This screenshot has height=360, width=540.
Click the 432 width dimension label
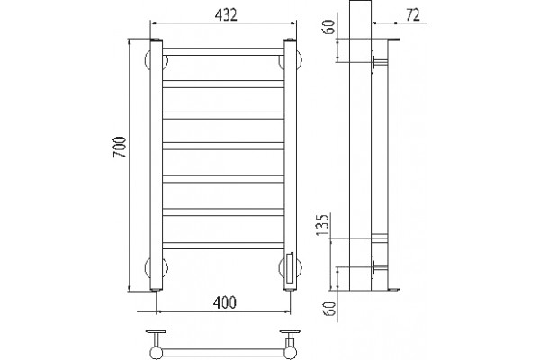[226, 15]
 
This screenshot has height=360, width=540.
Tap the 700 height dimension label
[120, 147]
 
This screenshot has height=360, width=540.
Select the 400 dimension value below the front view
[224, 302]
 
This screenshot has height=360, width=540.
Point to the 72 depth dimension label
[413, 15]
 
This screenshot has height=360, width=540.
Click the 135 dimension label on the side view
[323, 225]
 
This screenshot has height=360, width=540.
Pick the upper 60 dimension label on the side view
[329, 27]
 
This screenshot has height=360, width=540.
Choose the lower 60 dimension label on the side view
[329, 309]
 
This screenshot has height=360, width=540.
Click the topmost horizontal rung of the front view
[223, 51]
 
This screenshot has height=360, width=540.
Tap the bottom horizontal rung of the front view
[223, 246]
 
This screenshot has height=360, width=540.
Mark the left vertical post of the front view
[156, 165]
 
